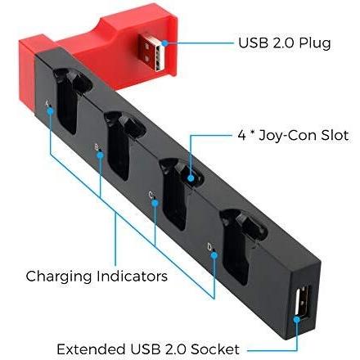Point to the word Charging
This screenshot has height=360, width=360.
pos(59,277)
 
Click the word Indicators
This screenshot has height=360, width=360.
pos(132,276)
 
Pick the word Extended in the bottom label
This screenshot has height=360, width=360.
pos(92,349)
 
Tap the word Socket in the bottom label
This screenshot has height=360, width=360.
pos(215,349)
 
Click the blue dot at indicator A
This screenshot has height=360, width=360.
pos(50,110)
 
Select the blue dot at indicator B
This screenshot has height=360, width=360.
pos(101,155)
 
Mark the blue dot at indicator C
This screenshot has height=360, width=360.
pos(155,203)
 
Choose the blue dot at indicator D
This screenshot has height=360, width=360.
pos(214,255)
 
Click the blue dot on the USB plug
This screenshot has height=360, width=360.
pos(164,43)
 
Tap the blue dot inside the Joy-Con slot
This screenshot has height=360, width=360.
pos(191,178)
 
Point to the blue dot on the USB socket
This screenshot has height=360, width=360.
pos(297,319)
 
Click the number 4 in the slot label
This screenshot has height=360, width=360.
pos(242,136)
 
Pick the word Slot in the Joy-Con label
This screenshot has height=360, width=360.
pos(335,136)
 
